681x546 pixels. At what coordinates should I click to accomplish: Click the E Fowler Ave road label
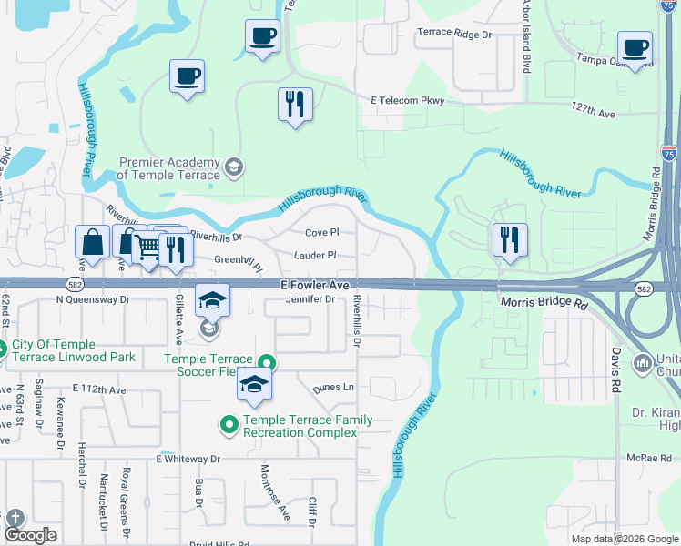click(x=314, y=285)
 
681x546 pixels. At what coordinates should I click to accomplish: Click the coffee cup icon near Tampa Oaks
click(x=635, y=47)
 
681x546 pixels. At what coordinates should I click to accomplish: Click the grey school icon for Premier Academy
click(x=234, y=167)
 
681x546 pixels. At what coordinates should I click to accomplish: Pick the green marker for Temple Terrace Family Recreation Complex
click(x=229, y=424)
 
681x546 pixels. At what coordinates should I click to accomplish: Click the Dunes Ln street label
click(x=332, y=388)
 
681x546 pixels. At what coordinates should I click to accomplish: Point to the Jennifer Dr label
click(x=310, y=299)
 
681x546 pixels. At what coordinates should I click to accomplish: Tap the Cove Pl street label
click(x=321, y=233)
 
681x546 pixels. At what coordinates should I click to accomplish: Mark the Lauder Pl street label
click(x=315, y=256)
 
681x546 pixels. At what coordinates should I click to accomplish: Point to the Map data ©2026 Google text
click(x=624, y=539)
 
